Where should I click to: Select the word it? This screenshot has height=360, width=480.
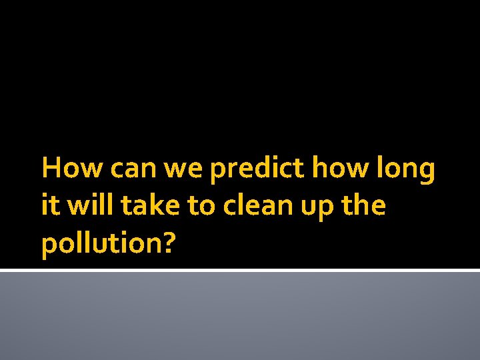coord(48,206)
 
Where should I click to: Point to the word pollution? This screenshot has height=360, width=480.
coord(101,244)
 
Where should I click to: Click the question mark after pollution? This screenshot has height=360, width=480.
coord(169,243)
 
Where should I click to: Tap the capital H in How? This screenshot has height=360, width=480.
coord(51,169)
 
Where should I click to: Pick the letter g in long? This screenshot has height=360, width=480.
coord(427,174)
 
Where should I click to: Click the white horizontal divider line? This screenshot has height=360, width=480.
coord(240,270)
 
